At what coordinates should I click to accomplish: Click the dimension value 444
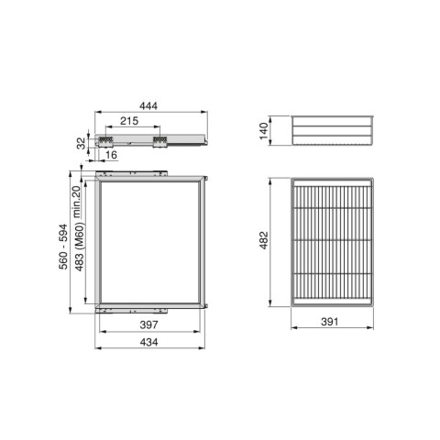point(148,107)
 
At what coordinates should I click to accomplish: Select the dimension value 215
point(128,122)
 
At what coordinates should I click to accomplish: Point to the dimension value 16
point(111,157)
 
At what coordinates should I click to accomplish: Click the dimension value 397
point(150,325)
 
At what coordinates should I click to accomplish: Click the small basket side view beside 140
point(333,130)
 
